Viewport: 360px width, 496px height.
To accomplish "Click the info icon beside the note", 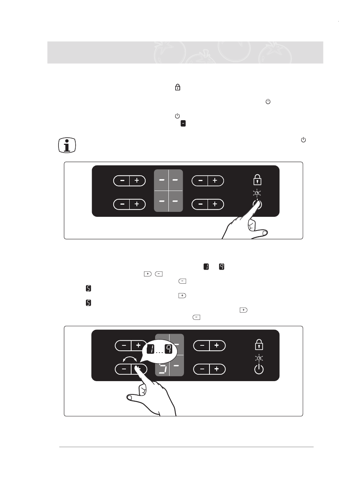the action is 67,145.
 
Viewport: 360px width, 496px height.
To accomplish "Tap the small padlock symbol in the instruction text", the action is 177,87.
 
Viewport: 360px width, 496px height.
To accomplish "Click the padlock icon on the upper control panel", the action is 258,180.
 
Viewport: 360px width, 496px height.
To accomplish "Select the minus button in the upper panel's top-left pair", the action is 122,181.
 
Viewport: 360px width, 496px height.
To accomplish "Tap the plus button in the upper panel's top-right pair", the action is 215,181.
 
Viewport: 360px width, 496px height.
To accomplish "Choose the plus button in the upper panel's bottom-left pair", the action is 137,204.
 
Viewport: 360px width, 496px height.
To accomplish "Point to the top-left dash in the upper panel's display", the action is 162,180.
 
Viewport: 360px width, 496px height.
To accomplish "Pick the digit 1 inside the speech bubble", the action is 151,349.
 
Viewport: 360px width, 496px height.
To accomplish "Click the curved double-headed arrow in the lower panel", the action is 130,358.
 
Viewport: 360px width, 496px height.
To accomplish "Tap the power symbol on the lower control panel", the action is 259,369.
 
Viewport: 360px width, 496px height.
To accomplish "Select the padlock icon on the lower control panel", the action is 259,345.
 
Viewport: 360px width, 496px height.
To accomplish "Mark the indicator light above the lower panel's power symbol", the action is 259,358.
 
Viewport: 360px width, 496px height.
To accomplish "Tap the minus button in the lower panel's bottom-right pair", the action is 202,369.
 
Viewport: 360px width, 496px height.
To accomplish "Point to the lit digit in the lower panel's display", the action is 162,368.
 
